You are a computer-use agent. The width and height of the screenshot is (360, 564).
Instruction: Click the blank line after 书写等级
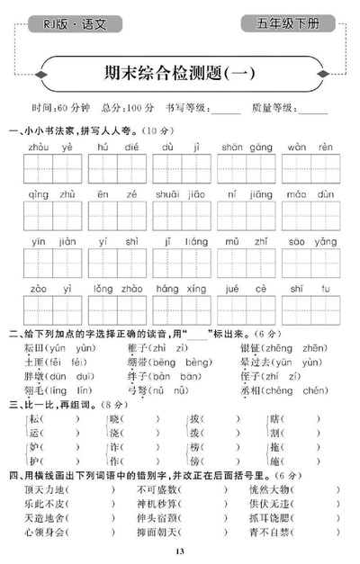coord(227,110)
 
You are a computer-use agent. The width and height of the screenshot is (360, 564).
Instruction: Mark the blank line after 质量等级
coord(312,110)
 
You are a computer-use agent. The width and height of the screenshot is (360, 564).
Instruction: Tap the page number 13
coord(180,551)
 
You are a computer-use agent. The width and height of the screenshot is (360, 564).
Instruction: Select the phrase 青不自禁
coord(274,532)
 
